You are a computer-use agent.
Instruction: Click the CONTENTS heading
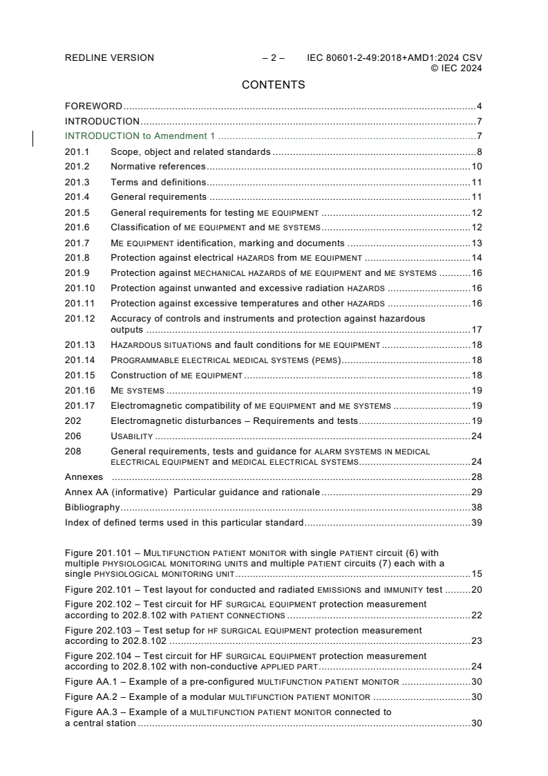[273, 85]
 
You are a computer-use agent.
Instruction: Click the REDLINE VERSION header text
[109, 58]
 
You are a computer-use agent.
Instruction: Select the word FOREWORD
[93, 107]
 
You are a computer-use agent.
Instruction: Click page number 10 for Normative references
[476, 167]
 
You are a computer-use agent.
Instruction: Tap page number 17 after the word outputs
[476, 330]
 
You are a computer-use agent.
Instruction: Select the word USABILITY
[131, 436]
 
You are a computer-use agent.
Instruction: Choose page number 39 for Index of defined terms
[476, 522]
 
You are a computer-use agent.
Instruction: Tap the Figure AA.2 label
[91, 696]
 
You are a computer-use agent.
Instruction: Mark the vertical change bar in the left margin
[34, 139]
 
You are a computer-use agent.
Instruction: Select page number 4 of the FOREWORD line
[479, 107]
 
